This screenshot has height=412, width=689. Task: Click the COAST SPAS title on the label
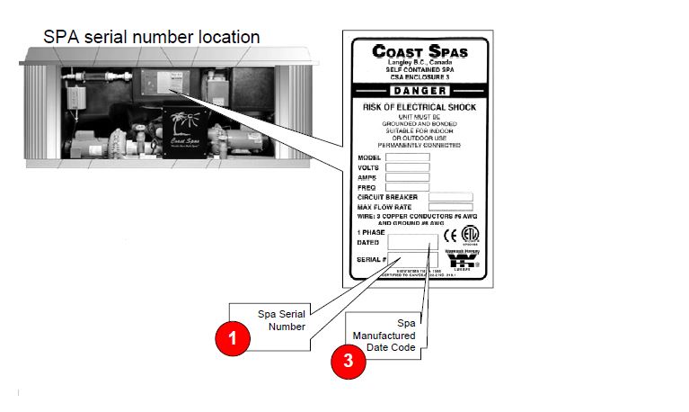(x=420, y=51)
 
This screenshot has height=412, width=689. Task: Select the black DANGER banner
(x=420, y=92)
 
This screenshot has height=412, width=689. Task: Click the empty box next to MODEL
(x=407, y=157)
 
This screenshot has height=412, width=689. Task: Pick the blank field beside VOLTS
(x=407, y=167)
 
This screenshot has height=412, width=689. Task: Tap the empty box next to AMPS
(x=407, y=177)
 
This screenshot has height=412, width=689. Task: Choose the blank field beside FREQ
(x=407, y=187)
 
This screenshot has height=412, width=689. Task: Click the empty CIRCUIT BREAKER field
(x=450, y=197)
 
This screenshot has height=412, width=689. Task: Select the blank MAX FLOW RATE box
(x=450, y=207)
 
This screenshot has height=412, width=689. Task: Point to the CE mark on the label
(x=451, y=237)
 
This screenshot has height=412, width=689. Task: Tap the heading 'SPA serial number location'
(x=152, y=38)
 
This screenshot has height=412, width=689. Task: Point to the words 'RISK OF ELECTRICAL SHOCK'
(x=420, y=107)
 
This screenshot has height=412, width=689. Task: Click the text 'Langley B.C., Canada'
(x=420, y=62)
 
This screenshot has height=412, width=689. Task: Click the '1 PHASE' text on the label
(x=371, y=232)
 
